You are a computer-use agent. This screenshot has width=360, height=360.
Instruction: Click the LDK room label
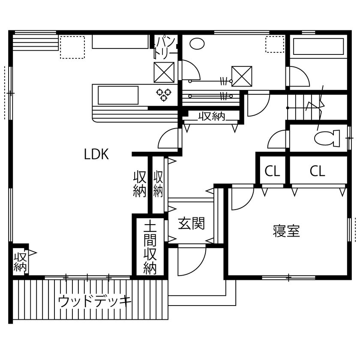coord(96,155)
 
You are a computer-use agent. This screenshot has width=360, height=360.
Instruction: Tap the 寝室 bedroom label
coord(286,231)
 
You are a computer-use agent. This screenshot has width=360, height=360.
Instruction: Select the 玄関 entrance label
coord(191,223)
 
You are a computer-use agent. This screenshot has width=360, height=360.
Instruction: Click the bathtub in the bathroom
coord(318,48)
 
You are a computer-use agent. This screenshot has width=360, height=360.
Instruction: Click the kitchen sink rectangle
coord(118,95)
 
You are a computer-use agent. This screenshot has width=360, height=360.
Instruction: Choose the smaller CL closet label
coord(272,172)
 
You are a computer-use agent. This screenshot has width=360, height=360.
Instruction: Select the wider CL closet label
coord(318,172)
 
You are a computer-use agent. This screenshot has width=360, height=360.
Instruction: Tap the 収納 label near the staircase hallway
coord(211,117)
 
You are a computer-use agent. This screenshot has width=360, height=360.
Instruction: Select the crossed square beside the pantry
coord(164,72)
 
